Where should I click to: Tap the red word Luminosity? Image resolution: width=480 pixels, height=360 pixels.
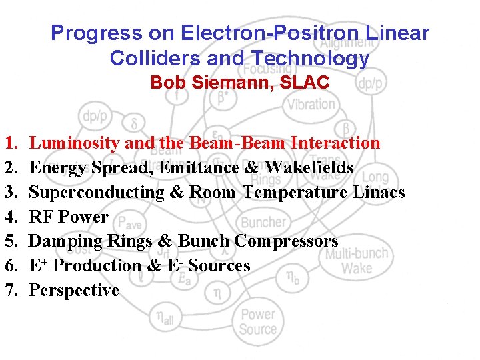click(x=75, y=143)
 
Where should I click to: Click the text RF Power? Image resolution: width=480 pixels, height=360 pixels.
click(x=69, y=217)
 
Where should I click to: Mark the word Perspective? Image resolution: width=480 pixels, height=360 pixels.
click(x=74, y=291)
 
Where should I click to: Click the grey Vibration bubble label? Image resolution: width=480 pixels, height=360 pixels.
click(x=311, y=105)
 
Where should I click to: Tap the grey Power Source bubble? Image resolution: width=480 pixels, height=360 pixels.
click(x=258, y=321)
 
